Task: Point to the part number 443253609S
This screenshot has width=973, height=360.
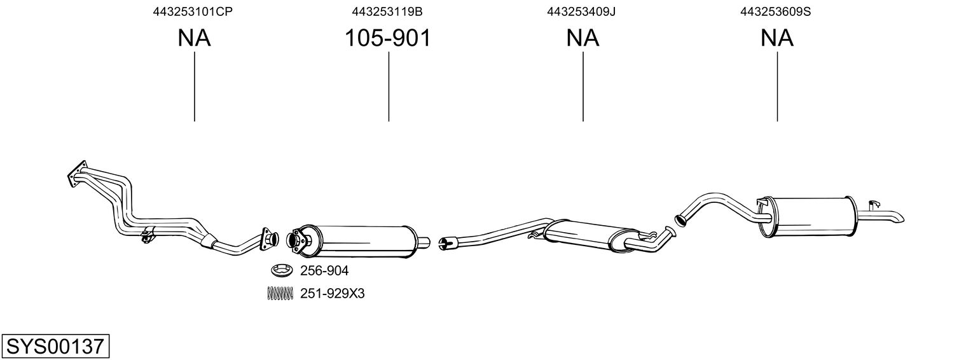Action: (775, 11)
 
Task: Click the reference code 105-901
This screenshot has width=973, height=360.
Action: (388, 39)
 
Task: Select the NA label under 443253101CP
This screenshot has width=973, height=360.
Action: (194, 39)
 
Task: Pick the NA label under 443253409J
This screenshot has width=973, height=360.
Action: (583, 39)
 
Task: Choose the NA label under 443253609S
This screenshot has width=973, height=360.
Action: (776, 39)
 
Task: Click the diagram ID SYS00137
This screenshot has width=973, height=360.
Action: (55, 347)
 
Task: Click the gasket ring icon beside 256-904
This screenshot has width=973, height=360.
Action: (280, 272)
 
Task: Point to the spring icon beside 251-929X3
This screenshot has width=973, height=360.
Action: (280, 293)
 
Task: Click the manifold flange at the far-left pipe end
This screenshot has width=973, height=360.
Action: (76, 174)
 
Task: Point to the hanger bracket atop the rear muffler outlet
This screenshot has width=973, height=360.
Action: (874, 204)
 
